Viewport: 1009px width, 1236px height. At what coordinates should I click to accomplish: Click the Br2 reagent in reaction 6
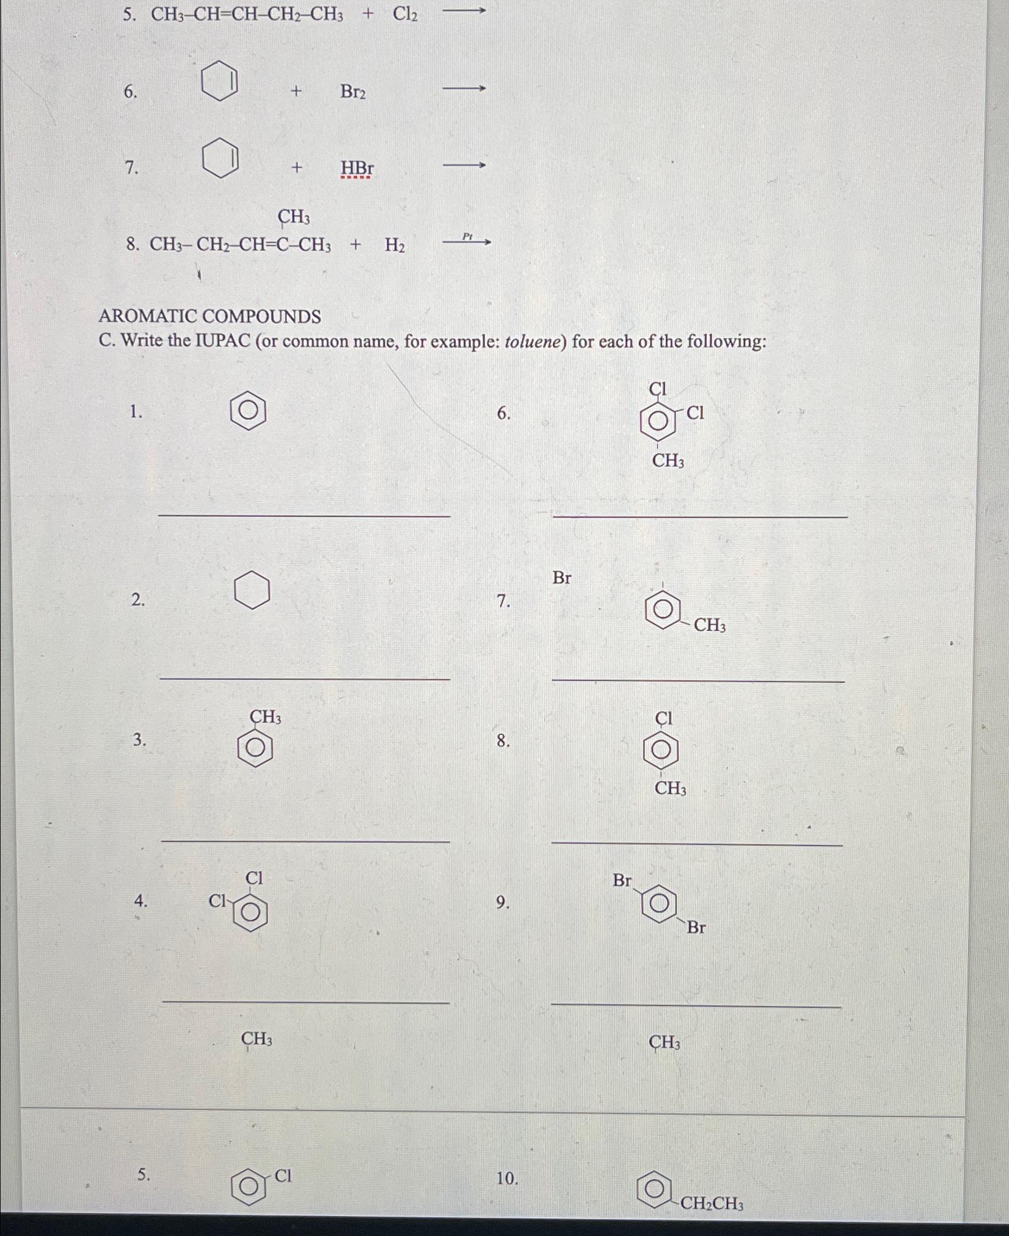point(353,92)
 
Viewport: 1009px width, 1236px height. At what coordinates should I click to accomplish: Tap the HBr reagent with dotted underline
point(357,169)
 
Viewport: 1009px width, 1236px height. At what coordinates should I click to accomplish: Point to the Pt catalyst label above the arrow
point(467,237)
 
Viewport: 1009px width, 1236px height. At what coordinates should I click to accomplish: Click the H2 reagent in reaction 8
point(395,245)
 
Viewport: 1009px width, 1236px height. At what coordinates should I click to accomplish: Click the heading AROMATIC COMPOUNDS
point(210,316)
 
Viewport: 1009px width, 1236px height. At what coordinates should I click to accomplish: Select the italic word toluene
point(532,342)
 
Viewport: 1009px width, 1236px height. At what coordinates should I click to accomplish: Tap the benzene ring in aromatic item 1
point(248,411)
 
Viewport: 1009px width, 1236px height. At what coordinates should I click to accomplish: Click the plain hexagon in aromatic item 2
point(252,590)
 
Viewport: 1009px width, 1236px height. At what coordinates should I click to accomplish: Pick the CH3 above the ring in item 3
point(265,717)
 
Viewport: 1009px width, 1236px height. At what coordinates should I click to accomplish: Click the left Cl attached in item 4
point(217,901)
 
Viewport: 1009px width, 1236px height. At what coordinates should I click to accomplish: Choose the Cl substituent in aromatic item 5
point(283,1176)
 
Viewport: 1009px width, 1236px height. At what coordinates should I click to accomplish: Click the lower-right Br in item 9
point(696,928)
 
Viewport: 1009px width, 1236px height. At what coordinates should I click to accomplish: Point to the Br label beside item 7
point(562,578)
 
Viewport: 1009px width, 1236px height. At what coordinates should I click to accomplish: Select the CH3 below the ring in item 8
point(670,789)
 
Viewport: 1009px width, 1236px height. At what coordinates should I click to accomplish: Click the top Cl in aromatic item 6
point(658,389)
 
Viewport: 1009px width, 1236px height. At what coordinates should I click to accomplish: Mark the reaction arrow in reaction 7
point(465,165)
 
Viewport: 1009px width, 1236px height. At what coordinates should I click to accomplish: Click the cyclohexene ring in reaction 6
point(220,84)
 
